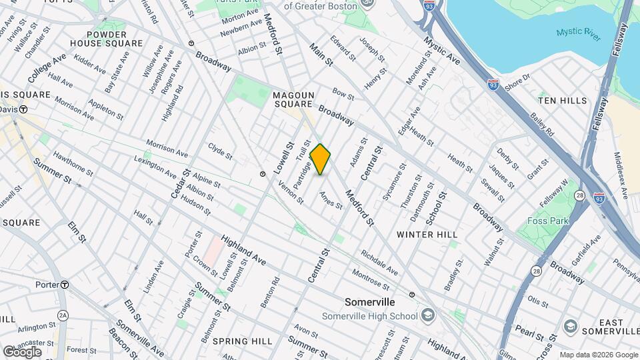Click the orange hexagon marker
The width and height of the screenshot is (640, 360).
click(321, 159)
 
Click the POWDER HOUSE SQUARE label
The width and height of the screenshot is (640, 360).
click(107, 39)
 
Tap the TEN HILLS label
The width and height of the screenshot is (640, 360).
click(563, 101)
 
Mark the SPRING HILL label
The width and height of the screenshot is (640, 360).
click(242, 341)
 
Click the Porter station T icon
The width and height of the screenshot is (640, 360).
click(65, 285)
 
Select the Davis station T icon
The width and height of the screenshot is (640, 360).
click(23, 109)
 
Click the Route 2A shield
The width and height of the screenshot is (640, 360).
click(63, 315)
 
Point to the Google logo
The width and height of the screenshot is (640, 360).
click(22, 351)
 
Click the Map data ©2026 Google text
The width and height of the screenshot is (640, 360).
click(598, 355)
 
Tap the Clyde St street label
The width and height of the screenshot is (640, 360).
click(220, 151)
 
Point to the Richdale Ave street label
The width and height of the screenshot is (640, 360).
click(379, 263)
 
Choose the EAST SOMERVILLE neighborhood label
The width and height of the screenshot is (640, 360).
click(601, 327)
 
